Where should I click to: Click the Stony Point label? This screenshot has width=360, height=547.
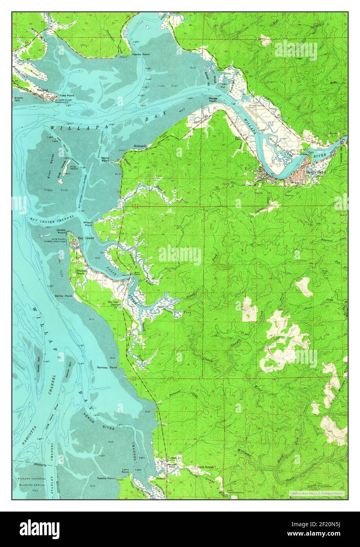point(105,159)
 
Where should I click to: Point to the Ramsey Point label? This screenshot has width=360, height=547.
point(107,367)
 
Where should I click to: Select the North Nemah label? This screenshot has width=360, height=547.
point(206,467)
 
